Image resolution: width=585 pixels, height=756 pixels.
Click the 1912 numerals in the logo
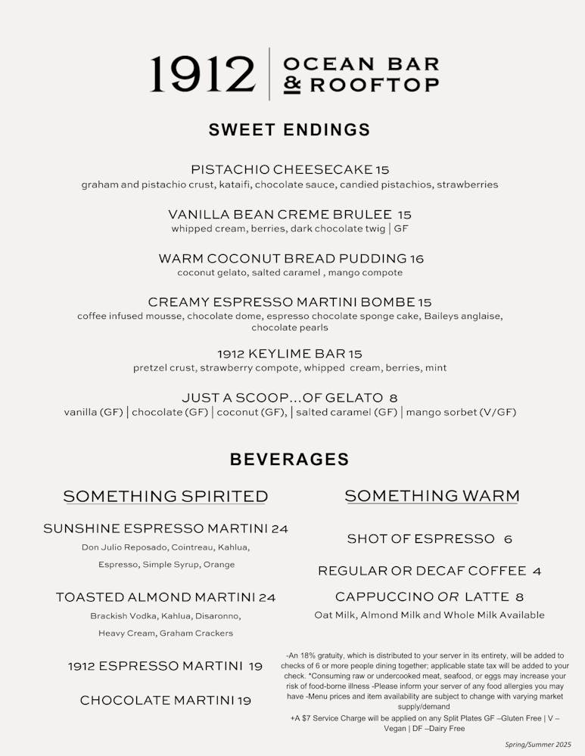(x=202, y=74)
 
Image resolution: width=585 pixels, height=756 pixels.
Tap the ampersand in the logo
(x=292, y=85)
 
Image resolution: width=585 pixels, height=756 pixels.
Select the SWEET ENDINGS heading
(x=290, y=130)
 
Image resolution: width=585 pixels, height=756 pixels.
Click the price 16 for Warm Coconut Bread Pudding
(x=416, y=259)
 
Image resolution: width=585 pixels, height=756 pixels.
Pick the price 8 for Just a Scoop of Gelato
(x=394, y=398)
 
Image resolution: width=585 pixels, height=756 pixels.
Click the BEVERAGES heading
(x=290, y=460)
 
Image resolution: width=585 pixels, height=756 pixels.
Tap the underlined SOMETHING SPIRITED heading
(x=166, y=497)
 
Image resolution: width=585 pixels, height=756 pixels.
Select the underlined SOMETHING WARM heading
(x=432, y=496)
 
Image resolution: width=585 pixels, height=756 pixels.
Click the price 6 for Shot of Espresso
(x=508, y=539)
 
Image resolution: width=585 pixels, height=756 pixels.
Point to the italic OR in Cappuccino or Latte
(x=448, y=597)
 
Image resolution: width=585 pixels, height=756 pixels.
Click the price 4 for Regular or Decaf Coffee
(x=537, y=571)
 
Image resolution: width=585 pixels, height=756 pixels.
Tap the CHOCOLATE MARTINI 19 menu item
(x=166, y=701)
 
